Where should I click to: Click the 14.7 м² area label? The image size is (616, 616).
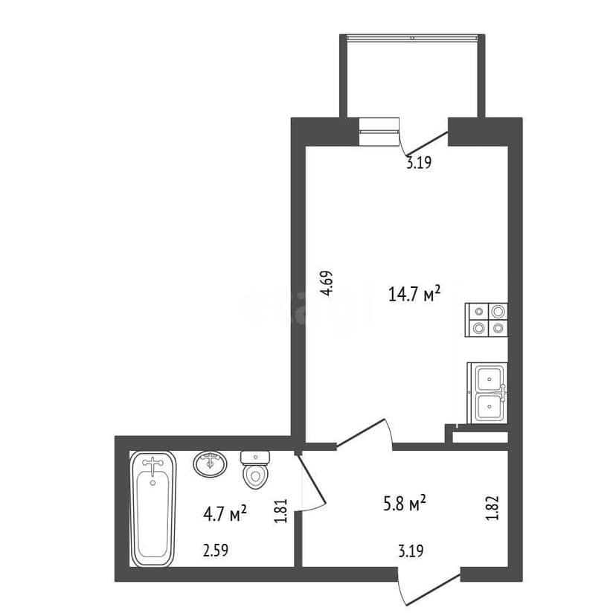[414, 294]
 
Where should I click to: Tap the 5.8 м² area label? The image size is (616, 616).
[404, 504]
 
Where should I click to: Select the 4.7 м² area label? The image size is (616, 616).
[224, 513]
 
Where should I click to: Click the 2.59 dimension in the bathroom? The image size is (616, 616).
[216, 551]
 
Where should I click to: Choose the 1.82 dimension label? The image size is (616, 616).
[492, 507]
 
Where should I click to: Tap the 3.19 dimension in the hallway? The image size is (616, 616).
[411, 551]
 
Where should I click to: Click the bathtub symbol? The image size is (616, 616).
[153, 509]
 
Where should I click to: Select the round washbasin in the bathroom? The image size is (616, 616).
[210, 463]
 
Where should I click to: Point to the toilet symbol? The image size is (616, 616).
[255, 469]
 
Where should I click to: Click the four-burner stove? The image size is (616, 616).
[487, 320]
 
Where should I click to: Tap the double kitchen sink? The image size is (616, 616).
[488, 392]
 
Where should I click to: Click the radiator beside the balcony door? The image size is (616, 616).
[379, 131]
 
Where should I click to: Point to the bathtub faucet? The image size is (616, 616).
[153, 466]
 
